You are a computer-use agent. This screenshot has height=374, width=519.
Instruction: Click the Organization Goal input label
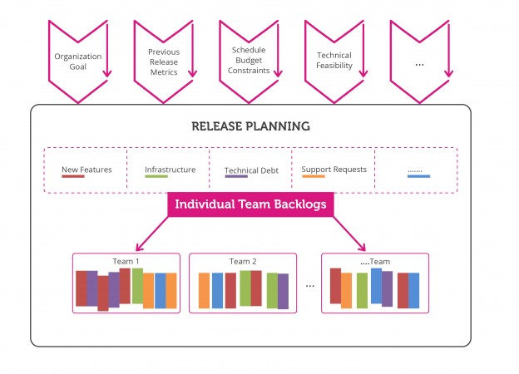click(x=77, y=62)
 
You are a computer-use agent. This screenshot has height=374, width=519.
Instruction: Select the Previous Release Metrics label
click(x=163, y=62)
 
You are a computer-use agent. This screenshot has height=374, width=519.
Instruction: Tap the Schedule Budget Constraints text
click(x=249, y=61)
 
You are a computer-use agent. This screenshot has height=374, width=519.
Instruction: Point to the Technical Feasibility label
click(x=334, y=61)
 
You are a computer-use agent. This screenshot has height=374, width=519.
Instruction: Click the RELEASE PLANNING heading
click(x=250, y=126)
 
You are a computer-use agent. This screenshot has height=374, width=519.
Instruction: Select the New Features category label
click(x=86, y=170)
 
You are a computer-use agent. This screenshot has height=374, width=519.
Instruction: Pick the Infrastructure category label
click(x=170, y=170)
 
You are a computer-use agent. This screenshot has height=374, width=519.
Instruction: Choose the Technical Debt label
click(x=251, y=170)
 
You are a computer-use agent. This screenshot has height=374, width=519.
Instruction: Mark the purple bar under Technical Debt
click(x=236, y=177)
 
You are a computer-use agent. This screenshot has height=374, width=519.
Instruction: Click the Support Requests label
click(x=334, y=170)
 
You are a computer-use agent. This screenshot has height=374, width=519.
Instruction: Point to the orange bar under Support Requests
click(x=313, y=177)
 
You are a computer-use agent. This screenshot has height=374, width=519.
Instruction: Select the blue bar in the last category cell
click(x=418, y=177)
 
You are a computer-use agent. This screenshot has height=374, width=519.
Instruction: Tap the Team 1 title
click(x=126, y=261)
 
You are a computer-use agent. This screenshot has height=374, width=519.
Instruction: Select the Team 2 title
click(x=243, y=261)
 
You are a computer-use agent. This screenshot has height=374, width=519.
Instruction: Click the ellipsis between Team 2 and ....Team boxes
click(x=309, y=285)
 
